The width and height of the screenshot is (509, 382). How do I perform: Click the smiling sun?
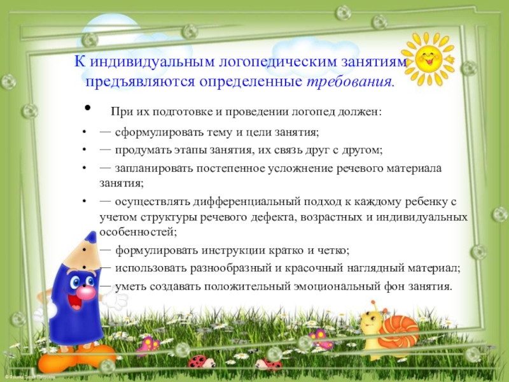pyautogui.click(x=428, y=58)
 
